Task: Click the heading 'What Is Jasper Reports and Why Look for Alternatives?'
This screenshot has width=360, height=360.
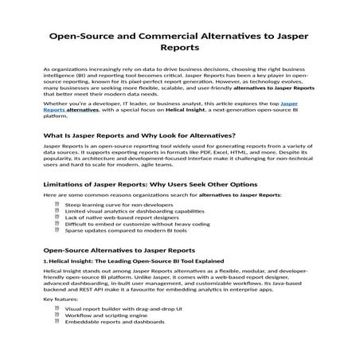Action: pos(139,135)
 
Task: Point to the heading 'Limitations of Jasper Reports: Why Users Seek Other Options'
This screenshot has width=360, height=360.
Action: pos(155,183)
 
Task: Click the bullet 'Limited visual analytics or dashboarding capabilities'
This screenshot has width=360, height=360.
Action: pos(132,210)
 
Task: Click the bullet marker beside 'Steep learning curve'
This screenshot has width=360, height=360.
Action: pos(57,204)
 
